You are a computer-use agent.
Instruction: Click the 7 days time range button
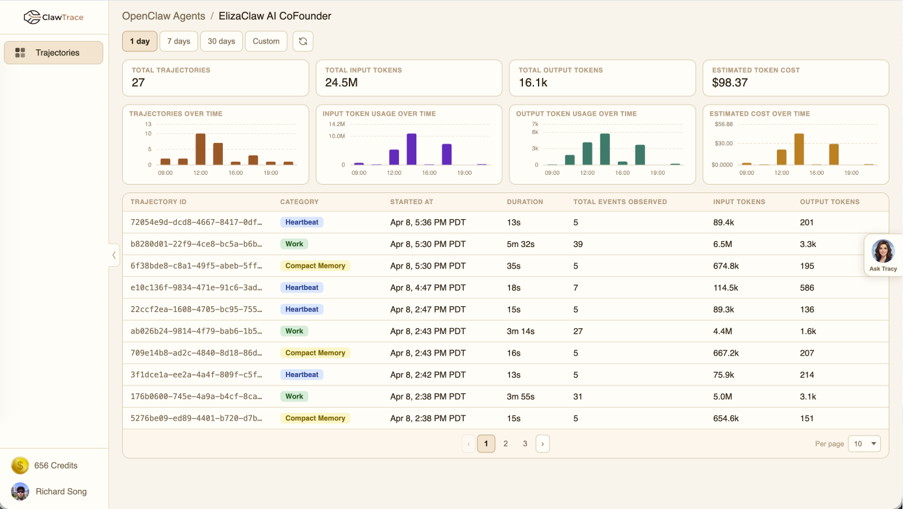click(x=179, y=41)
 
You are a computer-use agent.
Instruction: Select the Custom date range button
click(x=266, y=41)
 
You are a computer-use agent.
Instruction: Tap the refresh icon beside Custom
click(x=303, y=41)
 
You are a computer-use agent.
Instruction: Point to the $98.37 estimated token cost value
click(x=730, y=83)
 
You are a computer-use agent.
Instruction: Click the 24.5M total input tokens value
click(x=341, y=83)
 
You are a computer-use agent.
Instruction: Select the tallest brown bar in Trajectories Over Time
click(x=201, y=149)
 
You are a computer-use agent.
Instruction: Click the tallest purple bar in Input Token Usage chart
click(x=411, y=149)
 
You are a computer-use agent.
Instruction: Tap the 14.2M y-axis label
click(x=337, y=124)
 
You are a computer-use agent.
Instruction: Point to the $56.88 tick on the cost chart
click(x=723, y=124)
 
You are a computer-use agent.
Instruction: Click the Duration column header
click(x=524, y=202)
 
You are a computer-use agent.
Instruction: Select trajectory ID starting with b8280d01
click(x=196, y=244)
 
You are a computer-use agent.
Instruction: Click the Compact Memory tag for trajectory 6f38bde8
click(x=315, y=266)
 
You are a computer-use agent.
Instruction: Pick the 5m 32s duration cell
click(x=520, y=244)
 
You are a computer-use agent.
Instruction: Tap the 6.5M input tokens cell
click(x=722, y=244)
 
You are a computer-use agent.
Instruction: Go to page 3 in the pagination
click(x=525, y=444)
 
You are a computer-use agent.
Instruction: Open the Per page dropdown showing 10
click(x=864, y=444)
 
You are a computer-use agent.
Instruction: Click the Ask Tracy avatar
click(x=883, y=251)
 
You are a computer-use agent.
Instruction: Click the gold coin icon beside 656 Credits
click(x=20, y=465)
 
